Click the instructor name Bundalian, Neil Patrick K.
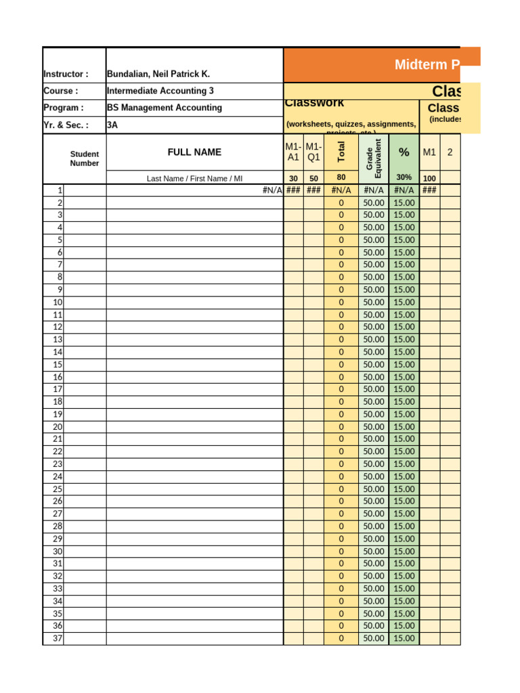(158, 74)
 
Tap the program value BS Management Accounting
(164, 107)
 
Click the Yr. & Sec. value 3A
(112, 125)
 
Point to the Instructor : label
(66, 74)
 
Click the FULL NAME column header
(194, 152)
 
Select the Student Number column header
(85, 158)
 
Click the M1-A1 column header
(293, 152)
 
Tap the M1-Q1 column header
(313, 152)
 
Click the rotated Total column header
(341, 151)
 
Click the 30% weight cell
(404, 177)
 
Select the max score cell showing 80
(341, 177)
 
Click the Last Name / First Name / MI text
(194, 179)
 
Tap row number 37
(58, 638)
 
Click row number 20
(58, 426)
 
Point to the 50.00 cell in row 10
(374, 302)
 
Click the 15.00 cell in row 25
(404, 489)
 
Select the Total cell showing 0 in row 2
(341, 202)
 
